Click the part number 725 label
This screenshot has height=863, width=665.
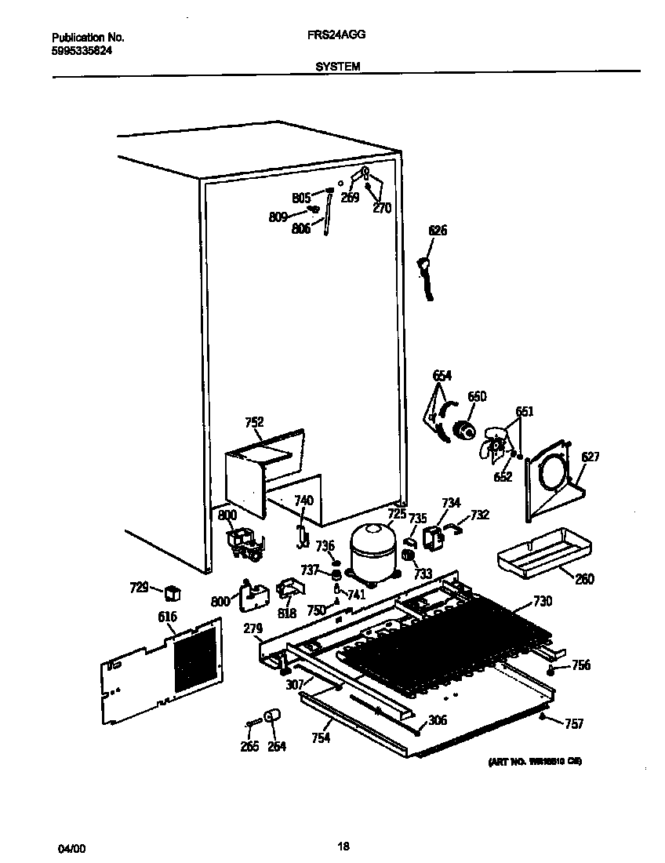point(397,514)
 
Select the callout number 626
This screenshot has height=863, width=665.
point(438,231)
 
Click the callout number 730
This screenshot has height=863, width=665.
point(542,602)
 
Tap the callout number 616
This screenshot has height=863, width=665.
point(167,617)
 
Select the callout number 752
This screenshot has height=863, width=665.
point(254,423)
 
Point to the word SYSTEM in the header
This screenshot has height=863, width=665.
point(338,67)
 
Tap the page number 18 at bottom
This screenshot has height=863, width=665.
point(343,846)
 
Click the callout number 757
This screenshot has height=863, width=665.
point(574,724)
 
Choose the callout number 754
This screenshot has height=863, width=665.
point(320,737)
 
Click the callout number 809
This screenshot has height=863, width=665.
point(278,218)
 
